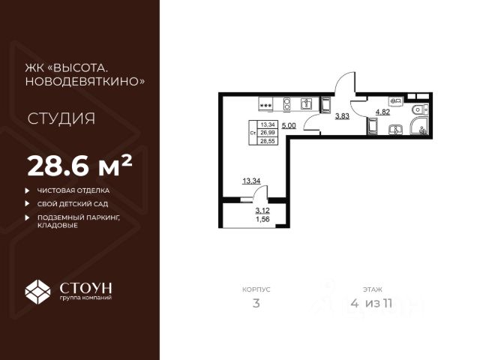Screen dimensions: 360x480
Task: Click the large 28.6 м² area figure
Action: (x=79, y=163)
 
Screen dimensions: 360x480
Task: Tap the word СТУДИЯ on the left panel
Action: (x=61, y=118)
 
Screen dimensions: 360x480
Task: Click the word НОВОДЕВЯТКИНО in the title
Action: (x=85, y=82)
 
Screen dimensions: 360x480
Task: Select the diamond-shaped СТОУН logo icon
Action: (x=38, y=290)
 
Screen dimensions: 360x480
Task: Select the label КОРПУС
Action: (x=256, y=288)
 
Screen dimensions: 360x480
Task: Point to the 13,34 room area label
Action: (x=251, y=181)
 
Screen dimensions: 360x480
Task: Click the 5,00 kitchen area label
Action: (x=289, y=126)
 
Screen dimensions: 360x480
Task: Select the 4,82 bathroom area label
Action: (x=382, y=112)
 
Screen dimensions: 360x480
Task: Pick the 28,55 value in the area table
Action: (x=267, y=140)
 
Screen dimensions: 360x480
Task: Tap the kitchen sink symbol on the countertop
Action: (x=306, y=103)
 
